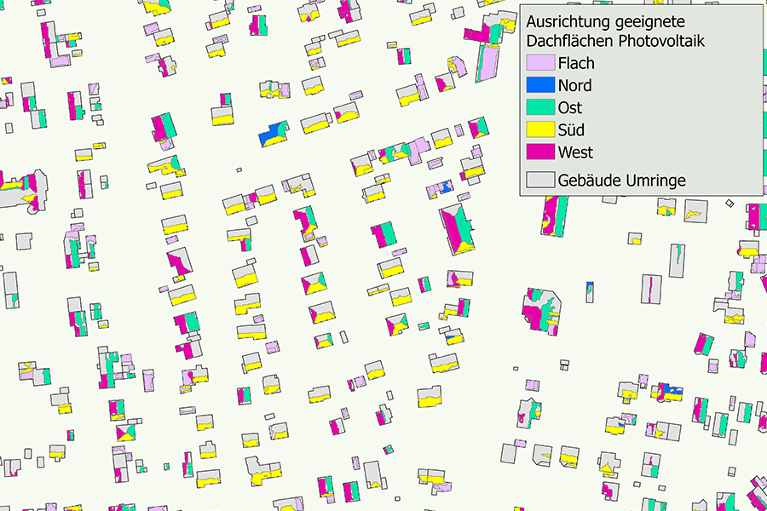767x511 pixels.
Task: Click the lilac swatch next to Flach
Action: coord(539,63)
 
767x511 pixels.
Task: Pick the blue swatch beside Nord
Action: coord(539,85)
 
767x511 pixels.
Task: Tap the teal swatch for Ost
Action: coord(539,108)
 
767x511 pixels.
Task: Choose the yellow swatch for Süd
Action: coord(539,130)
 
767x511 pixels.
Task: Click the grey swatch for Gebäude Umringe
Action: coord(539,181)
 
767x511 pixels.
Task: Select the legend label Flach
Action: coord(576,63)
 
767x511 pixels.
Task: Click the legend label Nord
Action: coord(574,85)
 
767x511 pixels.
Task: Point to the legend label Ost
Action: coord(569,108)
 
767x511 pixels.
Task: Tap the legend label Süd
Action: coord(571,130)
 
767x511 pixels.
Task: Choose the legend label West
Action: coord(575,153)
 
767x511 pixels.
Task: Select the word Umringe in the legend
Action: coord(655,181)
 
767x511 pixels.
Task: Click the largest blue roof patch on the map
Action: coord(271,135)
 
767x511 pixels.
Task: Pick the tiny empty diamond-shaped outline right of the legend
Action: coord(730,203)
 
